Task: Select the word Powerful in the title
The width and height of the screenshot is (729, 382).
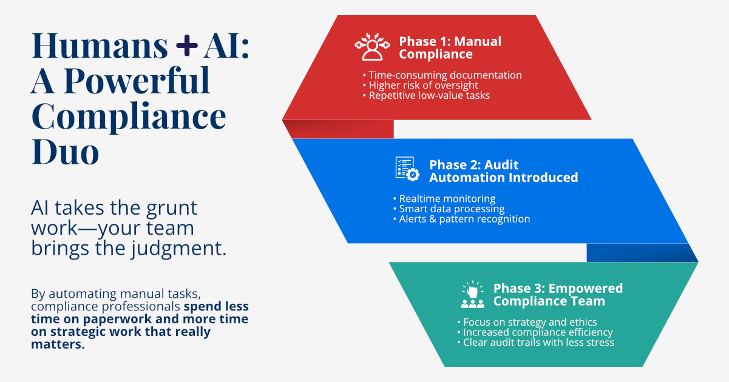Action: coord(137,81)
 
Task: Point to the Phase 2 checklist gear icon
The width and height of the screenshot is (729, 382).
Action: coord(407,168)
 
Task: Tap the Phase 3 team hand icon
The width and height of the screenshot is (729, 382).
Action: coord(472,295)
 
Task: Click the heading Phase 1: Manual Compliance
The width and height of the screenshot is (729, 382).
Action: coord(450,48)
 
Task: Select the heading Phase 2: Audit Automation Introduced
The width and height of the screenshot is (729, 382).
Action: coord(503,171)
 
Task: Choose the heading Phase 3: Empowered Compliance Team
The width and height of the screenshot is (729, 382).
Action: coord(558,294)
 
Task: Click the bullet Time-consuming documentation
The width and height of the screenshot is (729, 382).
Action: coord(445,75)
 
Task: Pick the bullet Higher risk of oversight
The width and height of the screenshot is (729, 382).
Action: coord(423,85)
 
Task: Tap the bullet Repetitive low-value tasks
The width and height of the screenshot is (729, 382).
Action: coord(429,95)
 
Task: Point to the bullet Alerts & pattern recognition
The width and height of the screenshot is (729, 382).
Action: coord(464,219)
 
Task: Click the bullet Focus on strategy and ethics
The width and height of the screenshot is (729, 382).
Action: coord(529,322)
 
